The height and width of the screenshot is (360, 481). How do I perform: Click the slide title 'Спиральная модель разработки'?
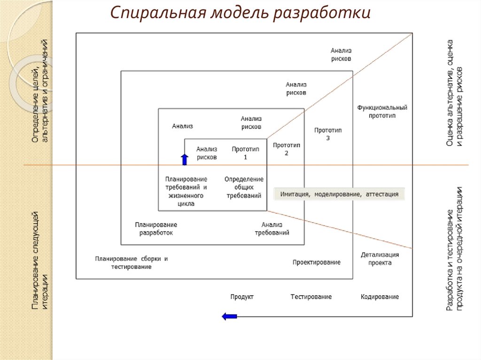pos(240,13)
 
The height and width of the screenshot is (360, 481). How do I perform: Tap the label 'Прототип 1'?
pos(245,153)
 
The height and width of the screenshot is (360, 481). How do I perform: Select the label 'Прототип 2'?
pos(287,149)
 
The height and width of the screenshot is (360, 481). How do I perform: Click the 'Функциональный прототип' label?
pos(382,111)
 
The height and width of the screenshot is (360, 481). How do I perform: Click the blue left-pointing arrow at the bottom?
pos(229,316)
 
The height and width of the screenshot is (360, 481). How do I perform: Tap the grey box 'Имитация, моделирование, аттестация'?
pos(339,194)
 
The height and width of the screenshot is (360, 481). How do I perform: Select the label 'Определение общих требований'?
pos(244,187)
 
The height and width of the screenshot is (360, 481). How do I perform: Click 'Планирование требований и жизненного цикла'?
pos(186,191)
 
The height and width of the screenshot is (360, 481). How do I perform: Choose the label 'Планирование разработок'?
pos(156,229)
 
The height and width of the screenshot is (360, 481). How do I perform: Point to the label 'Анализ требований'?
pos(272,229)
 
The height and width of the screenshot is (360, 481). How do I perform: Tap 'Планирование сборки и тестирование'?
pos(132,262)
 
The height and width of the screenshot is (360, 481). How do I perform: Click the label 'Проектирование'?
pos(316,262)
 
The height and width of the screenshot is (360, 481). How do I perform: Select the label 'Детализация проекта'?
pos(380,259)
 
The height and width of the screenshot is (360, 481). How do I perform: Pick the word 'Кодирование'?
pos(380,297)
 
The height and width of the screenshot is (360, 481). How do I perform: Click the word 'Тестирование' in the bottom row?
pos(311,297)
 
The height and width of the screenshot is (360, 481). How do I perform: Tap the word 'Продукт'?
pos(242,297)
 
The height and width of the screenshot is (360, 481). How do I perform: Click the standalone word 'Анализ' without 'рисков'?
pos(182,126)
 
